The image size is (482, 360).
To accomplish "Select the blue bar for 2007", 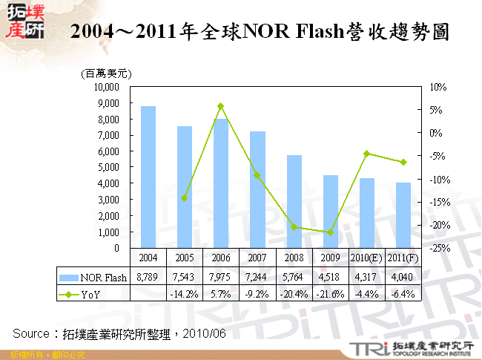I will click(257, 189).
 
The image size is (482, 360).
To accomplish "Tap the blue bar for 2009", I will click(330, 212).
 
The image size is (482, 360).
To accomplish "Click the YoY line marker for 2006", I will click(220, 106).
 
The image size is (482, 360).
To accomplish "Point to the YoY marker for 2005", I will click(184, 198).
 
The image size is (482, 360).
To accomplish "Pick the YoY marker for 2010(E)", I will click(366, 153).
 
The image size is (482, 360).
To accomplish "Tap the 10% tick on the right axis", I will click(438, 87).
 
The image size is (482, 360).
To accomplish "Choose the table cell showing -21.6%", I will click(330, 293).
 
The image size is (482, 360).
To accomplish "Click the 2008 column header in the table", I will click(294, 257).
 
